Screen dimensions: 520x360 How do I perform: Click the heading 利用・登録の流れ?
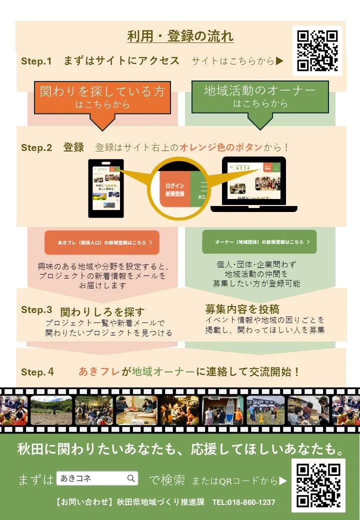180,37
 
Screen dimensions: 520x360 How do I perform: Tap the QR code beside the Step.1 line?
317,50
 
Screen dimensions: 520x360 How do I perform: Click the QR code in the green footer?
318,485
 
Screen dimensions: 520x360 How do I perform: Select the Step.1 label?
36,61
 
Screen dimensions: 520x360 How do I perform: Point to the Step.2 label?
36,148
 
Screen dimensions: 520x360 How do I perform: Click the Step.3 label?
36,310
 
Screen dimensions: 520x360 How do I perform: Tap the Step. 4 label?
37,372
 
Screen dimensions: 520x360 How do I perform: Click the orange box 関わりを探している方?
102,96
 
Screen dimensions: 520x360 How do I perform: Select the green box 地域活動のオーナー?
260,96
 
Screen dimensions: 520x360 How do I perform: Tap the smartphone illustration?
105,188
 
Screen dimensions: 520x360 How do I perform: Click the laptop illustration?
254,184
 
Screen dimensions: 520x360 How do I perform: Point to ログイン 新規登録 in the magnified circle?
174,190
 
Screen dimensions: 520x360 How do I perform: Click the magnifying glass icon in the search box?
131,478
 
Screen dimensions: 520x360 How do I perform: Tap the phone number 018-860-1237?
243,502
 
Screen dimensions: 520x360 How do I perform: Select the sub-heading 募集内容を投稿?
242,308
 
